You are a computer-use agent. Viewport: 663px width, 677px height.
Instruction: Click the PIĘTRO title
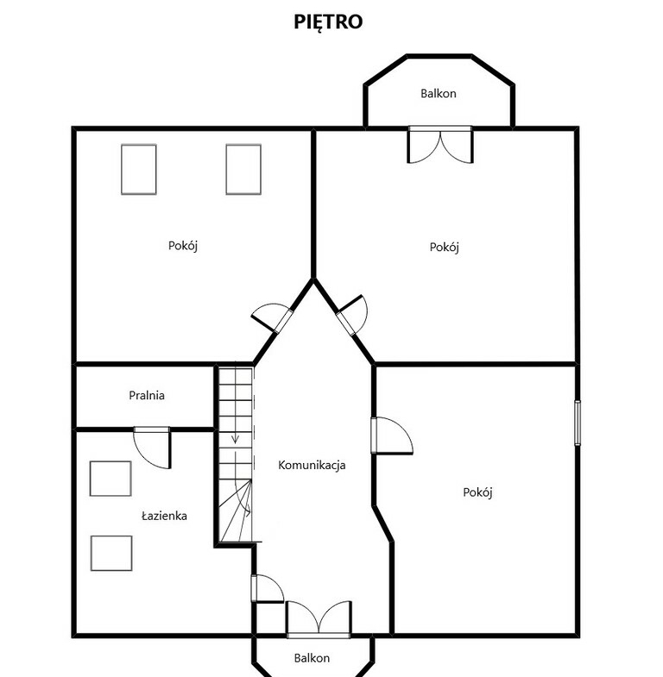coord(328,22)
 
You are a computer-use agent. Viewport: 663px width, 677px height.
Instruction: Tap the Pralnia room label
coord(147,395)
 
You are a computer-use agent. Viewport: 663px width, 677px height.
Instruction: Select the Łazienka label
coord(164,516)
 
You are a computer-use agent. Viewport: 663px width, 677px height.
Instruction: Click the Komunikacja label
coord(312,465)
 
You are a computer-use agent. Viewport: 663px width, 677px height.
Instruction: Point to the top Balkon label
coord(439,93)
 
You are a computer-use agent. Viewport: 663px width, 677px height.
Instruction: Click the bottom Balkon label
coord(312,658)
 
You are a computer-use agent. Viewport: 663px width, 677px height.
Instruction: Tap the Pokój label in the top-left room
coord(183,246)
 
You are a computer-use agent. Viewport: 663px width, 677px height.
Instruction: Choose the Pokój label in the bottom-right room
coord(477,492)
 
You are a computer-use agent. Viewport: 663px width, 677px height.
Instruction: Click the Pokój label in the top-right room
coord(444,247)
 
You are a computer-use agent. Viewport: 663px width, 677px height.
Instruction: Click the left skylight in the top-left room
coord(139,169)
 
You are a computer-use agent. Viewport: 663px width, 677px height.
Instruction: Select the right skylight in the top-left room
coord(243,169)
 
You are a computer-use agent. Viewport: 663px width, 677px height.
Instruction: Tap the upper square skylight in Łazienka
coord(110,479)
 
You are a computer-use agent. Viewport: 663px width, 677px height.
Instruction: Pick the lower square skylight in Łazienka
coord(111,553)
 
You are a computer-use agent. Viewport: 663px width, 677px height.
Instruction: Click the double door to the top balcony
coord(440,145)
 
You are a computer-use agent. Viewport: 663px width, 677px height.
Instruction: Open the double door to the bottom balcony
coord(319,619)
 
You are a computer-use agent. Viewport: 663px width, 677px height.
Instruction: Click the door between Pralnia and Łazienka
coord(152,448)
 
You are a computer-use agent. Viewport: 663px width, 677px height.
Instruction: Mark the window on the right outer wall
coord(577,423)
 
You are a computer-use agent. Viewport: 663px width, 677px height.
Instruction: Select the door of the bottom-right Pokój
coord(392,436)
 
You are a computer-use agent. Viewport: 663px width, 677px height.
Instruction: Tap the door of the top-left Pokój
coord(272,317)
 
